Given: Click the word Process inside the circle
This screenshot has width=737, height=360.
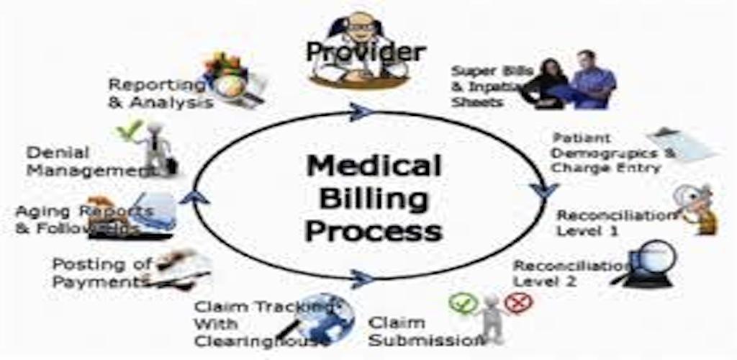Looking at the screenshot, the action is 373,232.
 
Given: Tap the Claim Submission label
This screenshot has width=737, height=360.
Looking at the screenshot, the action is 417,330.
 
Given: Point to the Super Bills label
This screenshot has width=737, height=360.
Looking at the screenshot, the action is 489,86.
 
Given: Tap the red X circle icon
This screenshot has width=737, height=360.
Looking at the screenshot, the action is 517,302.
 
